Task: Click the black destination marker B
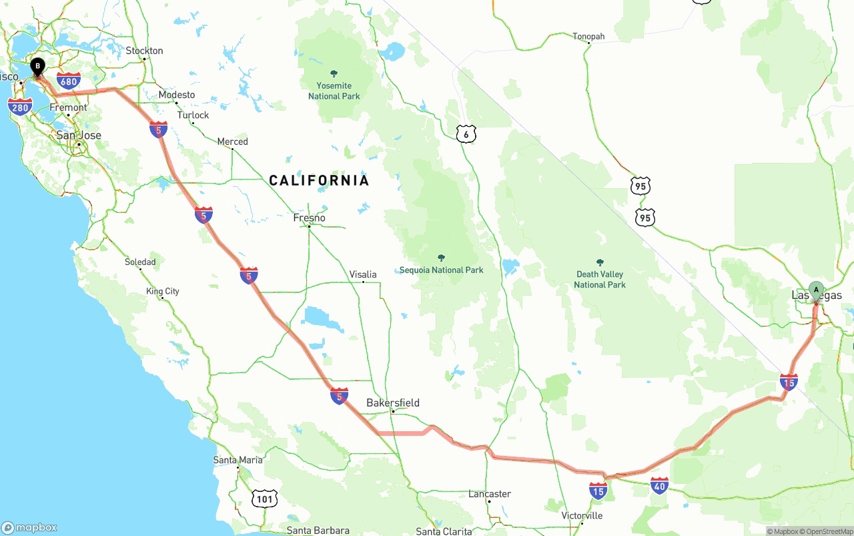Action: coord(38,66)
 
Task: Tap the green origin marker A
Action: coord(815,290)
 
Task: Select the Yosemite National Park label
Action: coord(334,91)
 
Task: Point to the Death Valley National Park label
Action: coord(600,279)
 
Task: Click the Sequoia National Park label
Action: coord(441,270)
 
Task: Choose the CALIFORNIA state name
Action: coord(319,180)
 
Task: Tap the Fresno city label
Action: coord(310,218)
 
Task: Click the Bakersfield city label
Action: coord(393,403)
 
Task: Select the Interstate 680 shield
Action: coord(69,81)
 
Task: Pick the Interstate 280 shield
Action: coord(20,106)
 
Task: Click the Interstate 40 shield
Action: coord(660,486)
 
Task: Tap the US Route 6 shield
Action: coord(466,133)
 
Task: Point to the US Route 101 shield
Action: coord(265,498)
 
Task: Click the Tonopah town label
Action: coord(588,37)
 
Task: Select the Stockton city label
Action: coord(145,51)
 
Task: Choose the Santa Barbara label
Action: coord(318,531)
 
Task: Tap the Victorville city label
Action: coord(582,515)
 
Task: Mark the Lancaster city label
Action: coord(490,494)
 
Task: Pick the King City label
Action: coord(163,291)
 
